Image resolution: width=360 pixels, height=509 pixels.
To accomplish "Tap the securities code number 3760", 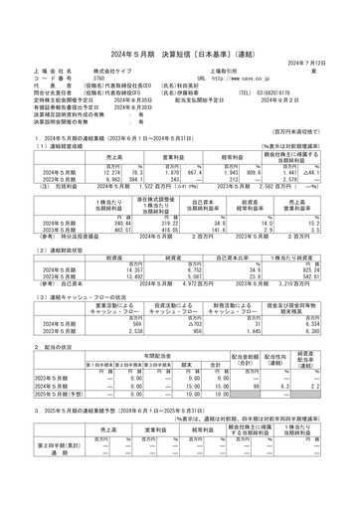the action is pos(97,78).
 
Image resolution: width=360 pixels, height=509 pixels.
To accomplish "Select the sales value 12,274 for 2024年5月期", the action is pos(85,172).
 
